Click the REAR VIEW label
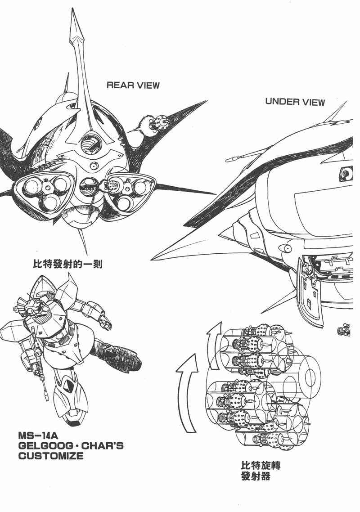[133, 85]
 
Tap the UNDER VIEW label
[295, 102]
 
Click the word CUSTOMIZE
[51, 456]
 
